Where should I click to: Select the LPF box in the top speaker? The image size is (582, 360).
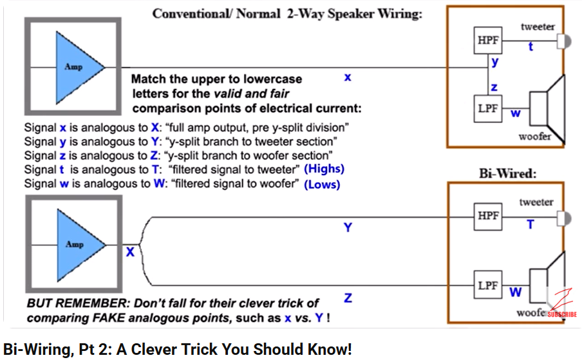487,108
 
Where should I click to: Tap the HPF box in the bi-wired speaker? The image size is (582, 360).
488,216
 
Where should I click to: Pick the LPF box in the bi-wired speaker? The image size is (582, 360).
487,285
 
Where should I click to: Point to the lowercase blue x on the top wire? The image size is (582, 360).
348,77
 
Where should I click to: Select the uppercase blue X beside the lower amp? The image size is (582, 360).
130,252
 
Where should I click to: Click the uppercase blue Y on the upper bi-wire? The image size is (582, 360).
348,227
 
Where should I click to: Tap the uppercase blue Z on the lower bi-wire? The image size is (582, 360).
348,298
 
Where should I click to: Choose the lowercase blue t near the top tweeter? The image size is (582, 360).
530,47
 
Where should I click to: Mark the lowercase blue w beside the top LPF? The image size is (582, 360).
515,114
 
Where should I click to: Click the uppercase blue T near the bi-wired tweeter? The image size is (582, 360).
530,224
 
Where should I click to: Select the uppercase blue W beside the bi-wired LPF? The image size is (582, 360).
515,292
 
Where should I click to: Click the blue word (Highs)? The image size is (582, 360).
324,169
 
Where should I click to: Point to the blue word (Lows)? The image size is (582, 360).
322,184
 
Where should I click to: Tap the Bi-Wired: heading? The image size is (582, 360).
507,173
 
